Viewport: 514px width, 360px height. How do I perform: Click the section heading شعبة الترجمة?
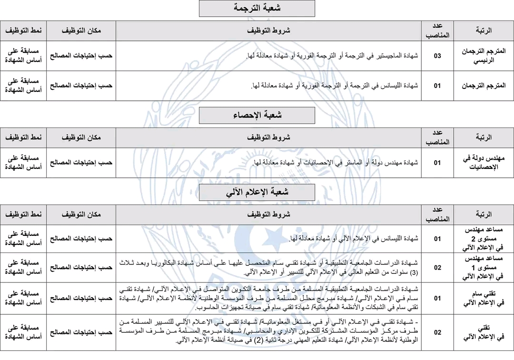(x=257, y=8)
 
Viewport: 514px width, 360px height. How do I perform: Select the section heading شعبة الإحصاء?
(x=257, y=116)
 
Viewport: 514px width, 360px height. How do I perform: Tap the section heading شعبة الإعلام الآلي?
(x=257, y=193)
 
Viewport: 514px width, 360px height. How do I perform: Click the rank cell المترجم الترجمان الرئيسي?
(x=484, y=56)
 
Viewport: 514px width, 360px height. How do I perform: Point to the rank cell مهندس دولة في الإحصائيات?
(x=484, y=163)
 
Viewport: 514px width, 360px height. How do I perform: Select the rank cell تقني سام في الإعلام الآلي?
(x=484, y=298)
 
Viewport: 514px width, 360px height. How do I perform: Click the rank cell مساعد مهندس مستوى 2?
(x=484, y=238)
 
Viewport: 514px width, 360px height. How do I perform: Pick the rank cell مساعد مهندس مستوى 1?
(x=484, y=267)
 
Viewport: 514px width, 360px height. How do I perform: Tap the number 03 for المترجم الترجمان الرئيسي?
(x=437, y=56)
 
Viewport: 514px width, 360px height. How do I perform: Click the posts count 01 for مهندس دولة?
(x=437, y=163)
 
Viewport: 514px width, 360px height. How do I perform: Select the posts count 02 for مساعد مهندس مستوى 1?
(x=437, y=267)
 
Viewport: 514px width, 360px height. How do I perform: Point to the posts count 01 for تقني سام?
(x=437, y=298)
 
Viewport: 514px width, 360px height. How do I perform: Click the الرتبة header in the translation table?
(x=484, y=30)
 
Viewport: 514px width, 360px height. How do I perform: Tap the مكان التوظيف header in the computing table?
(x=81, y=214)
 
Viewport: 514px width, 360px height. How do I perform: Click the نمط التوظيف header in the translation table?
(x=23, y=30)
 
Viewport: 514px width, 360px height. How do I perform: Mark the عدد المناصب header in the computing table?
(x=437, y=214)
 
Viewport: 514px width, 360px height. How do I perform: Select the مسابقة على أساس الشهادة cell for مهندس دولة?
(x=23, y=163)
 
